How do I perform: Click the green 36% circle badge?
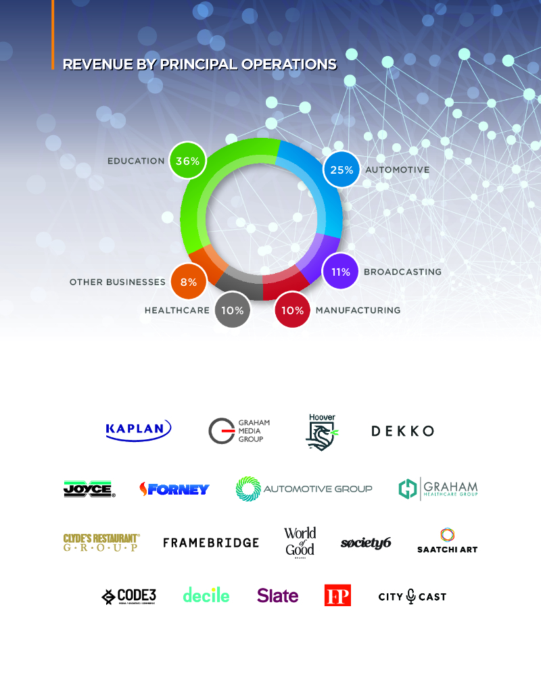pos(187,161)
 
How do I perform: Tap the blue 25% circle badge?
pos(342,170)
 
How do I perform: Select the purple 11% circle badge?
pos(339,272)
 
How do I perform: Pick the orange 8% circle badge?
pos(189,282)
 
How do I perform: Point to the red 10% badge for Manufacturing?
pos(292,310)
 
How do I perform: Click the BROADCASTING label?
pos(402,272)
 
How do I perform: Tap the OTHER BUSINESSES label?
pos(118,282)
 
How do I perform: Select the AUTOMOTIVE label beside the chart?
pos(397,170)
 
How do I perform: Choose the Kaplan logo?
pos(139,430)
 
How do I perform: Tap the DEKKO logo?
pos(402,430)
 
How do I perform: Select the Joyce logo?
pos(89,489)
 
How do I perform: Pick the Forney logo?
pos(174,489)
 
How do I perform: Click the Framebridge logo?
pos(211,542)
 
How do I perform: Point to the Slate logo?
pos(277,596)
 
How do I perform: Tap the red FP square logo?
pos(337,596)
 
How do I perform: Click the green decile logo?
pos(206,595)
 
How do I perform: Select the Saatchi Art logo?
pos(447,541)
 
